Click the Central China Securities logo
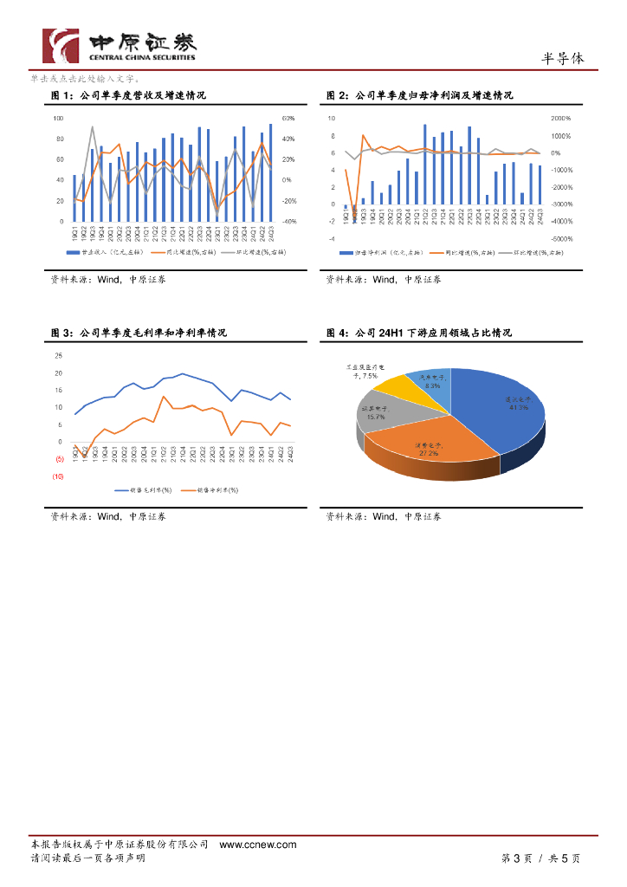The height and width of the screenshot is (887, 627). coord(121,45)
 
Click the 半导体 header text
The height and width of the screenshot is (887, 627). coord(563,58)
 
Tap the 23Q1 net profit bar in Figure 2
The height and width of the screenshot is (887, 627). coord(487,199)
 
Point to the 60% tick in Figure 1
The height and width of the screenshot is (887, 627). coord(288,118)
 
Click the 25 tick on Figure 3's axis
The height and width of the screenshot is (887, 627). coord(58,356)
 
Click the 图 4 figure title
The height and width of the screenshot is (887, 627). coord(419,333)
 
